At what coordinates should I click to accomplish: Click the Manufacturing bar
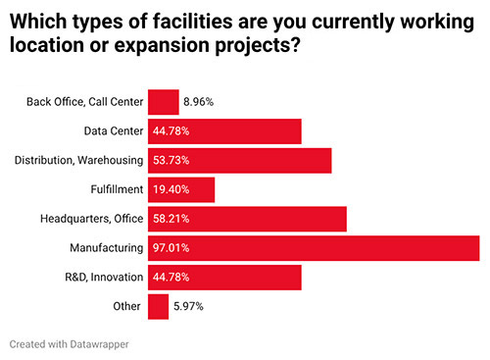point(314,248)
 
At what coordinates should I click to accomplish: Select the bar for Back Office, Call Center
point(164,101)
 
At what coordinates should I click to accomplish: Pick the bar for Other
point(158,307)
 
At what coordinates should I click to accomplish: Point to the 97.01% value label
point(171,248)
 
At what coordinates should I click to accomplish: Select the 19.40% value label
point(171,189)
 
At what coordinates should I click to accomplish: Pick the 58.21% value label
point(171,219)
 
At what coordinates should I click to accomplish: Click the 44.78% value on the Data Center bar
point(171,130)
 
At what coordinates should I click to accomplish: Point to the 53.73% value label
point(171,160)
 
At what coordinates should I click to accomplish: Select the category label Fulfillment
point(117,189)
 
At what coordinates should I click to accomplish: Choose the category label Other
point(128,307)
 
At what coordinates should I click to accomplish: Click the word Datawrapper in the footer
point(102,345)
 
